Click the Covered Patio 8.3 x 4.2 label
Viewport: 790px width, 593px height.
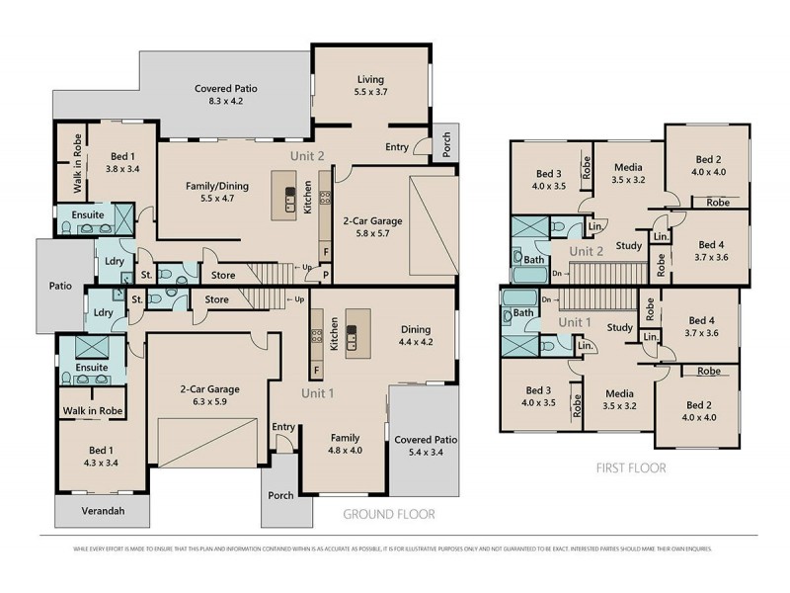226,95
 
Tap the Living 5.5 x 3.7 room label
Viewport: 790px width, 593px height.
370,86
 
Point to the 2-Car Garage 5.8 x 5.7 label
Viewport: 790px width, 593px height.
370,227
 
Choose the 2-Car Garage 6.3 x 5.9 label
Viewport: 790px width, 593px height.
209,395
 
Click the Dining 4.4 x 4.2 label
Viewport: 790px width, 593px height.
415,336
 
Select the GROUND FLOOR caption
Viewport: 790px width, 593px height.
388,515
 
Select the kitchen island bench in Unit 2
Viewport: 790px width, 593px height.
290,199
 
